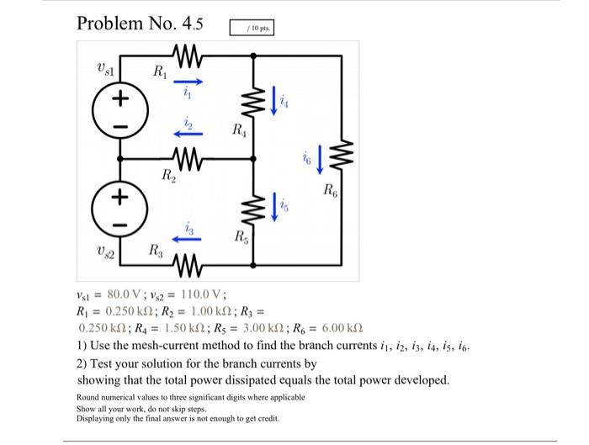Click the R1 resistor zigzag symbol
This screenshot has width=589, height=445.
188,56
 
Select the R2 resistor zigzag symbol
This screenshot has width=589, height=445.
188,159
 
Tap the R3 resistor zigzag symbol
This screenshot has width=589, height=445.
188,265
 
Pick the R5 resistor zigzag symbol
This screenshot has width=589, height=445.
253,208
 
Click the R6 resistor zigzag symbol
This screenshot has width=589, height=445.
342,155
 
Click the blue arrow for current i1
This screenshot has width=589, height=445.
188,82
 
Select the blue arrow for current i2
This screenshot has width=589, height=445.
188,134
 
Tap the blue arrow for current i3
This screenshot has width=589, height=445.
186,239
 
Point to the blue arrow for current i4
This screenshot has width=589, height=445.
274,101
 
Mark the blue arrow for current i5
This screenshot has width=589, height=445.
274,207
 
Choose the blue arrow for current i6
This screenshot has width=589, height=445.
320,160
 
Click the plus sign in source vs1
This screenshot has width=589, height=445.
120,98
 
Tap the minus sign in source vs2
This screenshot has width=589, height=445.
119,225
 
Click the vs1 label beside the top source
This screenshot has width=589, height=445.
105,68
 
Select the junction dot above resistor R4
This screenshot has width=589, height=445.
253,56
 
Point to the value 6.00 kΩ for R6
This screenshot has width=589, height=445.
342,328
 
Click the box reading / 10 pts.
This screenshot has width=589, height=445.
252,28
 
